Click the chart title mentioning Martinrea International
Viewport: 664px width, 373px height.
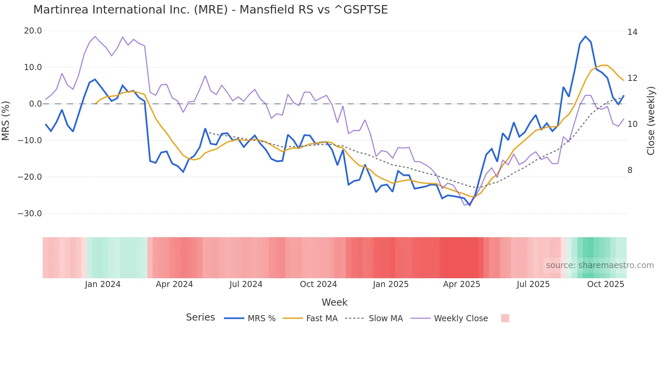(x=210, y=9)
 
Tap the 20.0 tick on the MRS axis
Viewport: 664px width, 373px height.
(x=33, y=31)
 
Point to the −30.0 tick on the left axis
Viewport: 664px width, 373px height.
(x=30, y=214)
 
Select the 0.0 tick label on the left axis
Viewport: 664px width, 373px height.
(x=35, y=104)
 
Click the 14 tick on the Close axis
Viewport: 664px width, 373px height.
(x=632, y=32)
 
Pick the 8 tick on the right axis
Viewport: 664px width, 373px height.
(x=630, y=170)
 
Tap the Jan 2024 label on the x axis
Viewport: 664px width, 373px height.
(x=103, y=284)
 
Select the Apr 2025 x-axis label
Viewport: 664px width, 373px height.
(x=461, y=284)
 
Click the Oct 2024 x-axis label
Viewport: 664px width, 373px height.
(x=318, y=284)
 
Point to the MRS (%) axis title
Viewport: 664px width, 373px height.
(x=6, y=121)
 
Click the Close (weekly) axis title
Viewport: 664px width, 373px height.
(x=651, y=121)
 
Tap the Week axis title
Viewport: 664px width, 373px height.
(x=334, y=302)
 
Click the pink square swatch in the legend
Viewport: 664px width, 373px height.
(x=505, y=318)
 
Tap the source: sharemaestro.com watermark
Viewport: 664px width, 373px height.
(x=600, y=265)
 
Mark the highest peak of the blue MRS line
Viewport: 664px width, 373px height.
(x=585, y=36)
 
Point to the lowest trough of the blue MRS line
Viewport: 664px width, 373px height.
(x=470, y=205)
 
